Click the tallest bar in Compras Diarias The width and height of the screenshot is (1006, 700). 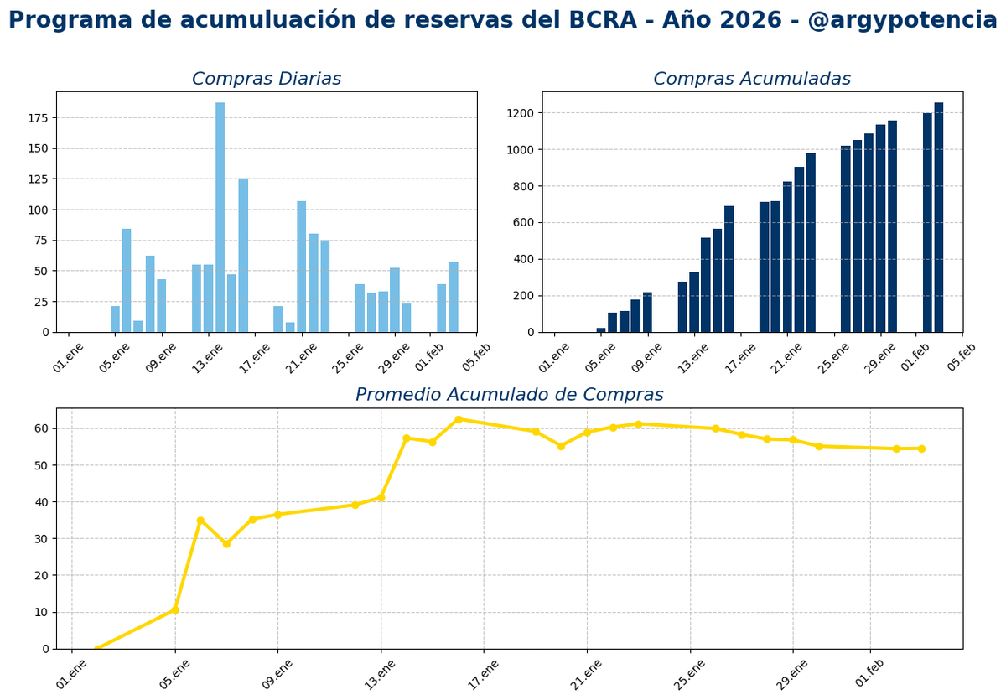click(220, 218)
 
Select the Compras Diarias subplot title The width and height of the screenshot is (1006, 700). click(266, 80)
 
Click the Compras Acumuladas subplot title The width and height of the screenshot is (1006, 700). click(751, 80)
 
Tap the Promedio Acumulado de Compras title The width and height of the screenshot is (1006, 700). click(509, 395)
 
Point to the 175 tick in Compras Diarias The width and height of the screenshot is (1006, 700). click(37, 118)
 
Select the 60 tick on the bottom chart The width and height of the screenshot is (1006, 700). click(41, 428)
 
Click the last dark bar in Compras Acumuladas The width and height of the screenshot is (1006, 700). click(938, 218)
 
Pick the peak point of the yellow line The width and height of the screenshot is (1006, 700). click(459, 419)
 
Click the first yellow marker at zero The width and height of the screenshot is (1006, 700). click(98, 648)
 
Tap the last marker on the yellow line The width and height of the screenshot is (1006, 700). click(921, 449)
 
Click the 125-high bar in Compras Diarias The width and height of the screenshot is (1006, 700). click(243, 256)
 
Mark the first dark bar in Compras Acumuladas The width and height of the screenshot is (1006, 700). click(601, 329)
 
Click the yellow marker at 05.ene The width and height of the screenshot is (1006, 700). click(174, 609)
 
